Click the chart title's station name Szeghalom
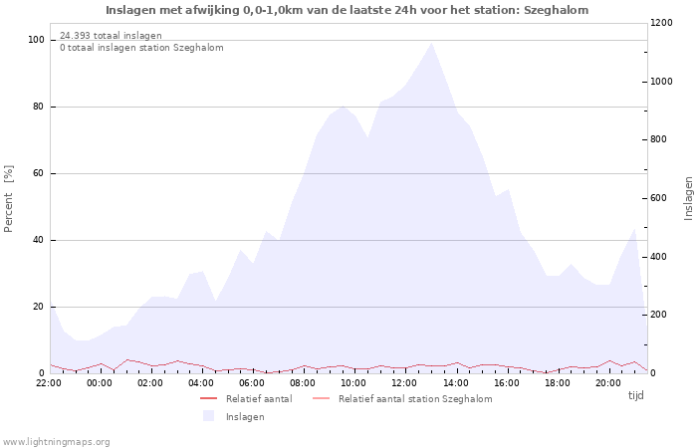coord(556,10)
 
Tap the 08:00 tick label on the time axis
coord(303,383)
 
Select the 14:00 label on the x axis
coord(456,383)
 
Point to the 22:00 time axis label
coord(49,383)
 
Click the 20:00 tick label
coord(608,383)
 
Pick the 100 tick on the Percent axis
coord(36,40)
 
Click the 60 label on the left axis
coord(39,173)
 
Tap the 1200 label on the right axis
coord(661,23)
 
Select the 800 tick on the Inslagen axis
coord(658,139)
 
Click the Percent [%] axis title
coord(8,199)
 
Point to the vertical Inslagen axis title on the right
coord(688,198)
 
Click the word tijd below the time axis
coord(635,395)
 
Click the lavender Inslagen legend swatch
coord(208,416)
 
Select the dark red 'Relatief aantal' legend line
coord(208,398)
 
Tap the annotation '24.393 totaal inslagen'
coord(111,36)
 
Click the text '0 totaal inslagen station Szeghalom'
coord(141,48)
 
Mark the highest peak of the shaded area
coord(431,43)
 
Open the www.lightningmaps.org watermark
coord(56,442)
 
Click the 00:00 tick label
coord(100,383)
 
